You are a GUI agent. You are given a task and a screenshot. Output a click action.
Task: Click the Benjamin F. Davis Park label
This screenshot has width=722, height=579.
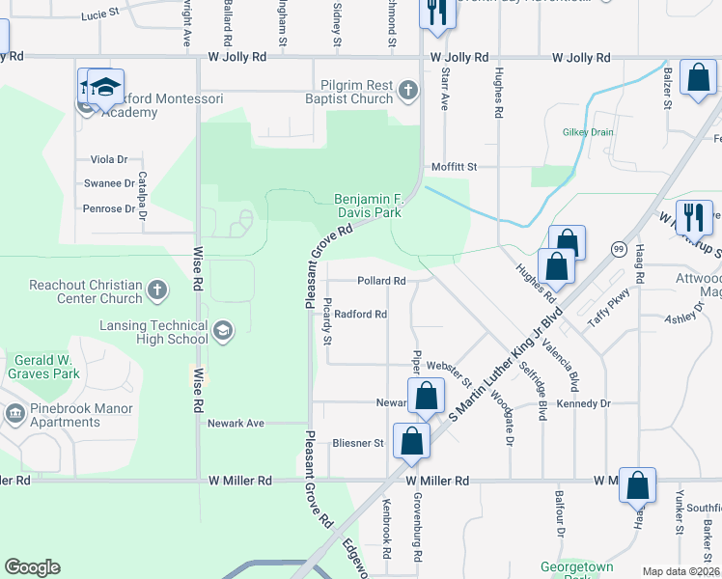[367, 205]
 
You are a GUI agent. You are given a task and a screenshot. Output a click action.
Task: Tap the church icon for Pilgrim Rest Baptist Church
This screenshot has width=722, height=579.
[407, 92]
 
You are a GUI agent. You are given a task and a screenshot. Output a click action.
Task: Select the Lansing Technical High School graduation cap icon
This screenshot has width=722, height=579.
[223, 331]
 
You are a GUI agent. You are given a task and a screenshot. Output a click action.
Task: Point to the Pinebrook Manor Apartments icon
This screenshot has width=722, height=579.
[14, 415]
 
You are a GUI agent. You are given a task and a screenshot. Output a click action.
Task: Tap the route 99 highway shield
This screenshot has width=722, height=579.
[617, 249]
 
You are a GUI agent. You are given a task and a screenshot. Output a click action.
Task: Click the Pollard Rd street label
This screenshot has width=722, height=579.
[380, 281]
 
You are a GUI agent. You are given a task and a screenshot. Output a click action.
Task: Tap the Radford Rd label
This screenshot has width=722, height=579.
[361, 315]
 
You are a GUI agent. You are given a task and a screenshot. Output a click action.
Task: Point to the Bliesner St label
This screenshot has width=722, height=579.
[358, 444]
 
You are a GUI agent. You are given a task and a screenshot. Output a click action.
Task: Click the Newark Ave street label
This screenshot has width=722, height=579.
[236, 423]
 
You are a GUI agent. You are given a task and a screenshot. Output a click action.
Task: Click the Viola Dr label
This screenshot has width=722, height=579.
[109, 159]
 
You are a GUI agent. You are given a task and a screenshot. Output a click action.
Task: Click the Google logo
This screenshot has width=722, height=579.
[32, 567]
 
